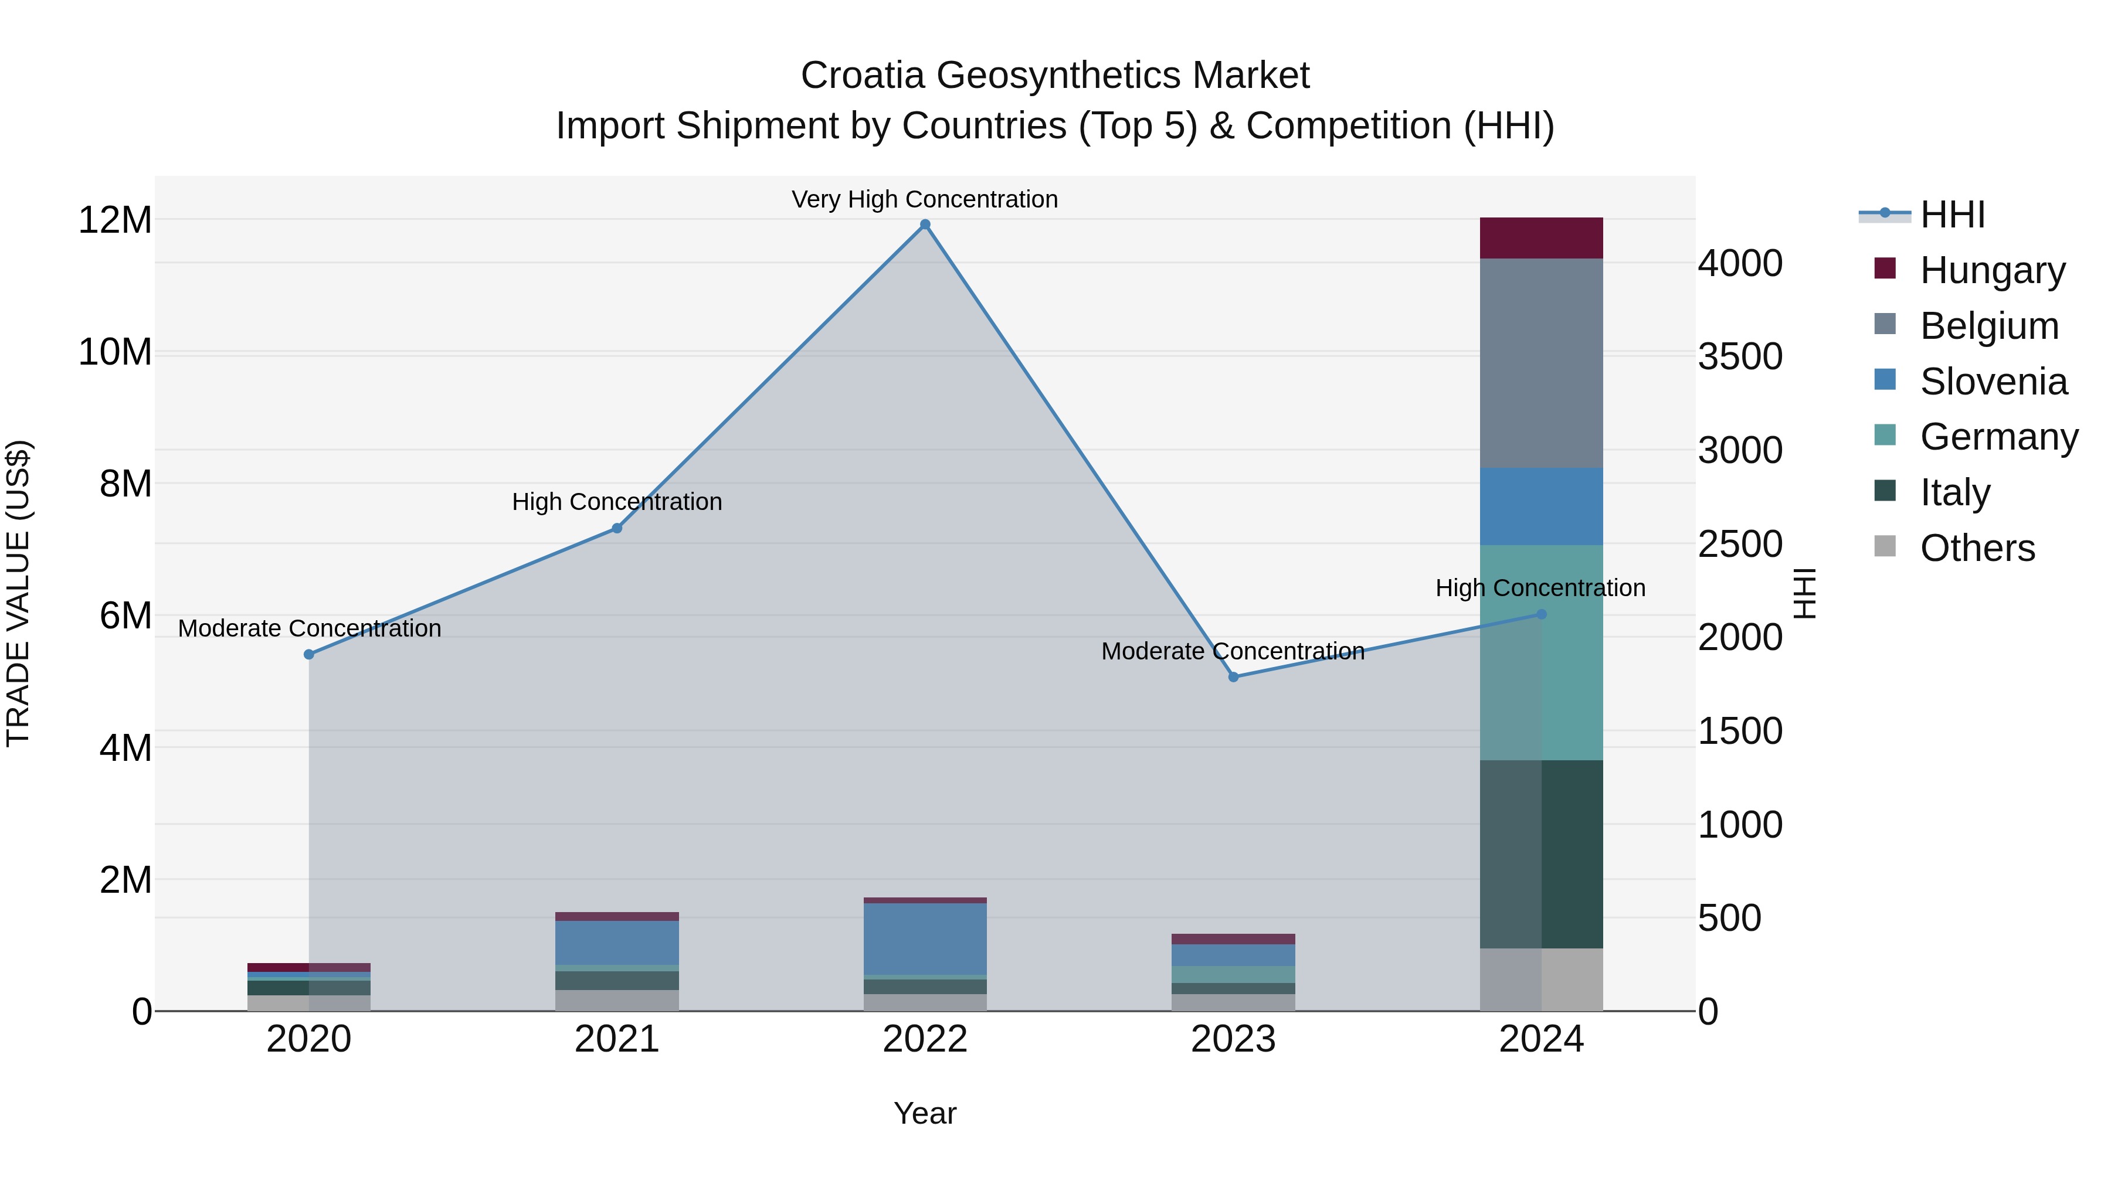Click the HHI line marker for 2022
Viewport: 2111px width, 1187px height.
click(925, 225)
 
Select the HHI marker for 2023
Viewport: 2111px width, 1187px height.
click(1233, 676)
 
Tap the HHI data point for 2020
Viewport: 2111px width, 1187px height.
click(309, 655)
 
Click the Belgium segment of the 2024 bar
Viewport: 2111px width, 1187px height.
click(1540, 363)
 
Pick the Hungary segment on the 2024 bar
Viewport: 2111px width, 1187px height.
click(1540, 237)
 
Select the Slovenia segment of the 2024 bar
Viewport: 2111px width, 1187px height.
click(1540, 506)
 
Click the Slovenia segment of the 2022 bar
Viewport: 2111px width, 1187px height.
click(925, 939)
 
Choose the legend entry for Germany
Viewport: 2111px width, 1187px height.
click(1998, 437)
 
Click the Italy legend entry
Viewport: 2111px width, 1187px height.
click(1954, 492)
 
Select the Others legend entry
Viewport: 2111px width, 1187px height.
click(1977, 548)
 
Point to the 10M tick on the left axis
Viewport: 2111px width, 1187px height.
click(115, 352)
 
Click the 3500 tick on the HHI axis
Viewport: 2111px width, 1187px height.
click(1739, 357)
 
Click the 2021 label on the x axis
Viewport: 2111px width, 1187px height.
click(616, 1039)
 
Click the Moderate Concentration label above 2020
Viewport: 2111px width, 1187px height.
click(309, 628)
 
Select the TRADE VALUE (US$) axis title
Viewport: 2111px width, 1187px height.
click(18, 593)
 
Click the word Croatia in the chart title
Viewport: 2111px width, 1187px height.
click(862, 76)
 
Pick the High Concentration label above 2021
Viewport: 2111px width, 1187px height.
click(616, 501)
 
